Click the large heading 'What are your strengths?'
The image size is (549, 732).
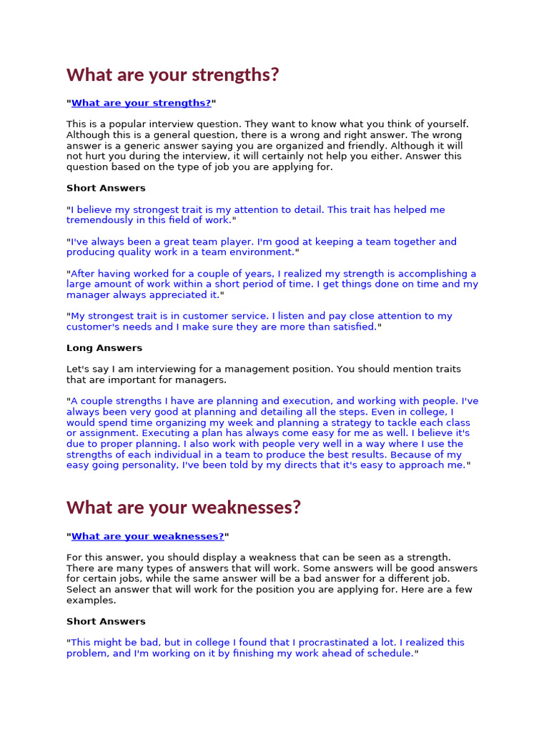[172, 74]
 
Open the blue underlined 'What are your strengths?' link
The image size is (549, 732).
[141, 103]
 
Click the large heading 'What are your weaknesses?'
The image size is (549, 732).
[184, 508]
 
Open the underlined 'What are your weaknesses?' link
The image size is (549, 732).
[147, 536]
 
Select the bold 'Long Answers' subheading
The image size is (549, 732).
[104, 348]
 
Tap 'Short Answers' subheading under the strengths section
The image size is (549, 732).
[106, 188]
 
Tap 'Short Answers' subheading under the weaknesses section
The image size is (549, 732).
[106, 621]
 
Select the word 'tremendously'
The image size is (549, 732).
[99, 220]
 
